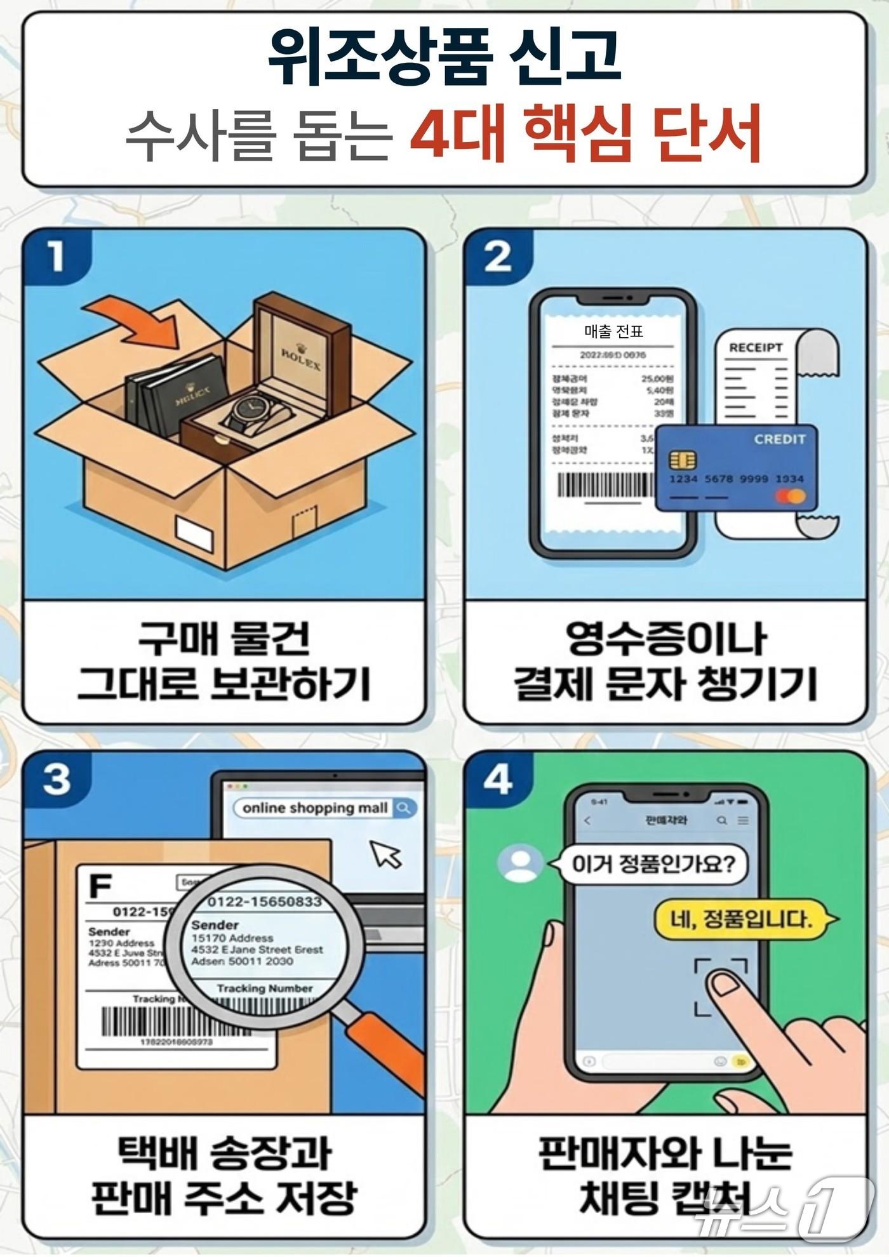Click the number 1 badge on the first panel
[x=57, y=257]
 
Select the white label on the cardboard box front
[x=196, y=531]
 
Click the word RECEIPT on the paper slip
[x=756, y=348]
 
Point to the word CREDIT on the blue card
[x=779, y=439]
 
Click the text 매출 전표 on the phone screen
[x=613, y=331]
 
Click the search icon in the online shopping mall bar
[x=404, y=808]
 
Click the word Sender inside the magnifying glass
[x=215, y=925]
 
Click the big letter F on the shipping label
[x=100, y=886]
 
